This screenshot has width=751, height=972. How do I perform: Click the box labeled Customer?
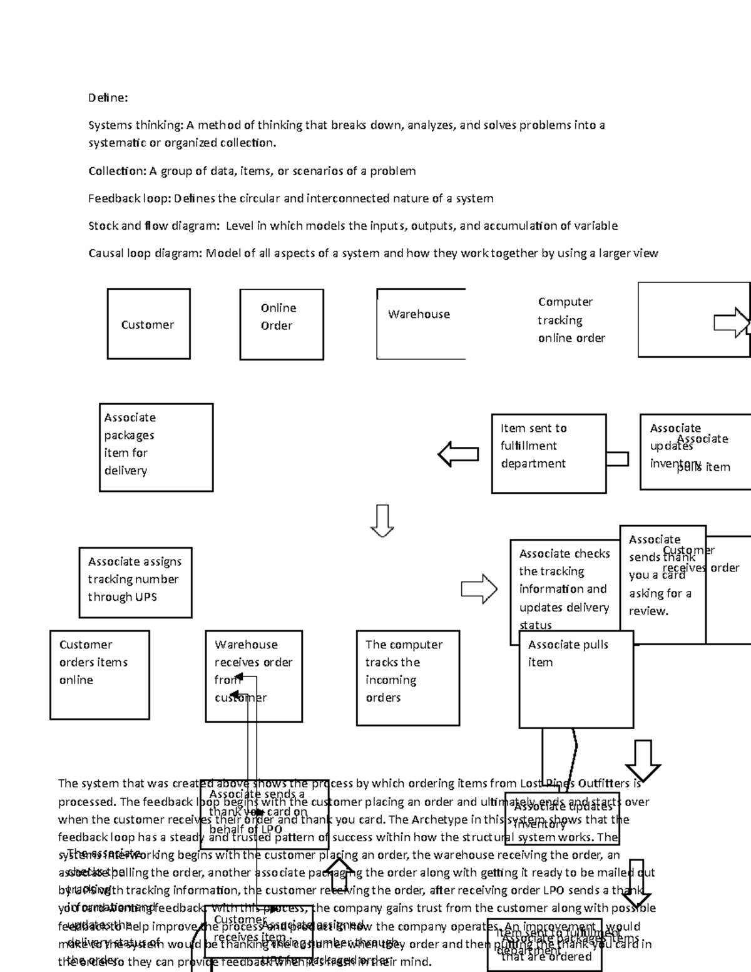[148, 324]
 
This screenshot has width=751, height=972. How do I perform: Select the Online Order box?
[281, 324]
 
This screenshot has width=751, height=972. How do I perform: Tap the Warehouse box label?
[419, 314]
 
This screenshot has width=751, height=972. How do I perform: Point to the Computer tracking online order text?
[571, 320]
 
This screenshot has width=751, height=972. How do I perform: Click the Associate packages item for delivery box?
[156, 447]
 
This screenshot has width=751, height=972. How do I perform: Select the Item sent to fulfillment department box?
[548, 453]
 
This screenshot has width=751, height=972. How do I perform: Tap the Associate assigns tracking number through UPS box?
[135, 582]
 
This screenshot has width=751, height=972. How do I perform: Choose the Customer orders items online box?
[100, 674]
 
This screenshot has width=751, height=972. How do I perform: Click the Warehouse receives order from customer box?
[253, 676]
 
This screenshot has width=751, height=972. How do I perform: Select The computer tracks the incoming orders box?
[407, 677]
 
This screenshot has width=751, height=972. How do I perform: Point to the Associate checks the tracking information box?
[565, 588]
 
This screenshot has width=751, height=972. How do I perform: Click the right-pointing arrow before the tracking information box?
[479, 589]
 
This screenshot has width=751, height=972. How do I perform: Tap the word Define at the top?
[108, 98]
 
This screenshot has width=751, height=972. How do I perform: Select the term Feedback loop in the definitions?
[129, 198]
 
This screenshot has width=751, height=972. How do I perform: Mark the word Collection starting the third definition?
[116, 171]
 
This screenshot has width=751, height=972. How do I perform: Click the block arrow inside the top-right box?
[732, 323]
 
